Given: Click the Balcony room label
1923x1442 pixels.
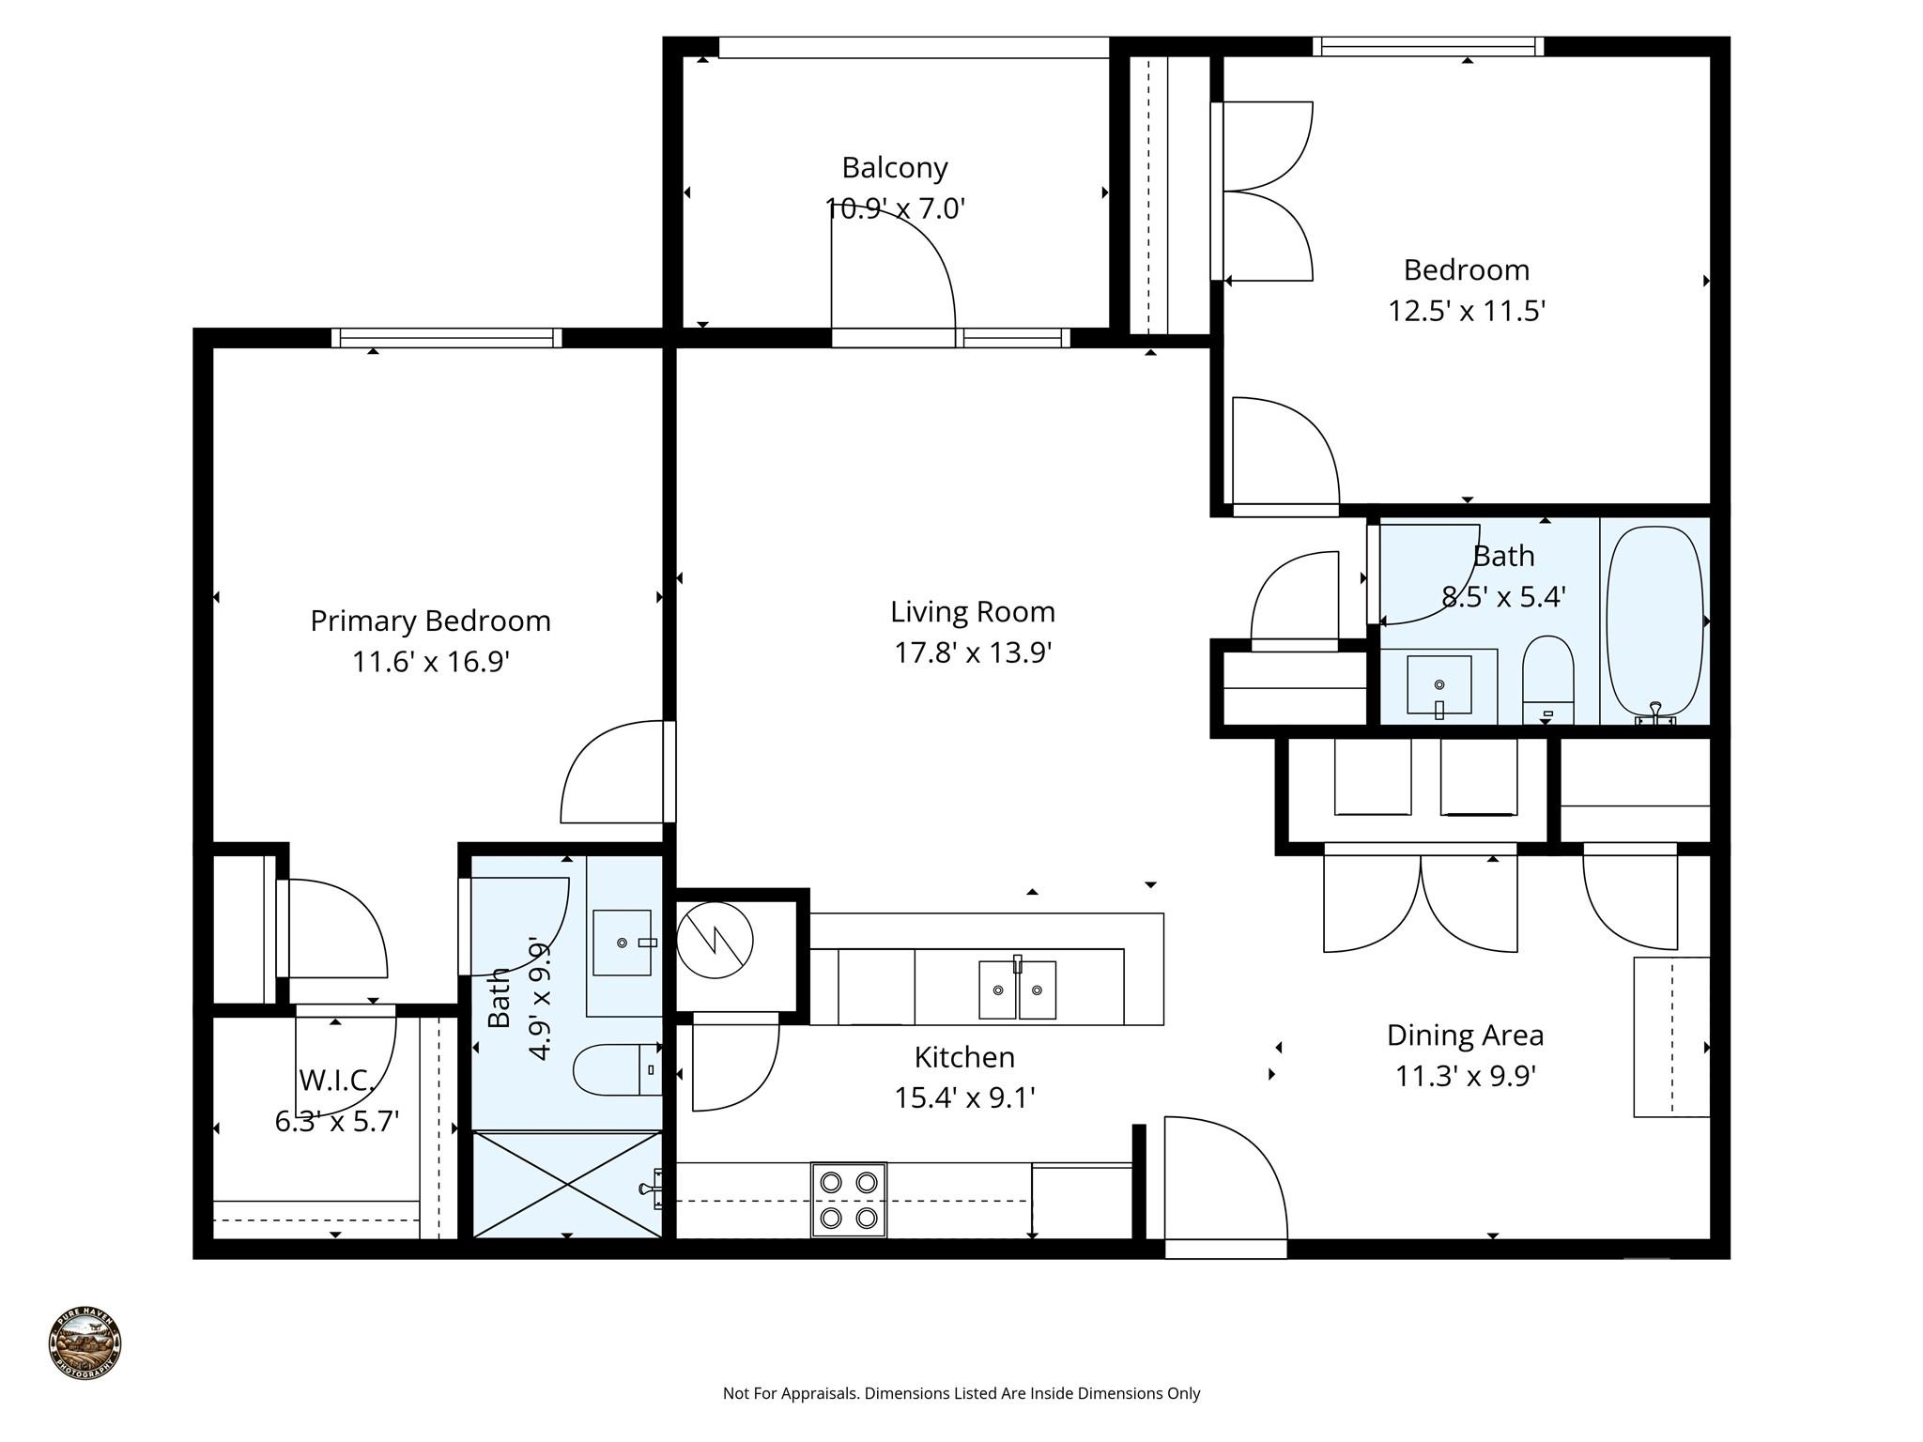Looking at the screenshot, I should tap(894, 168).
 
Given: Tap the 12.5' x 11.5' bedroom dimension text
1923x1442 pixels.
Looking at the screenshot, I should tap(1466, 311).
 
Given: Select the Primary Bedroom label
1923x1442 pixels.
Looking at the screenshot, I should tap(430, 621).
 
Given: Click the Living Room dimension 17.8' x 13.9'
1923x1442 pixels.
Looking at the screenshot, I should tap(972, 652).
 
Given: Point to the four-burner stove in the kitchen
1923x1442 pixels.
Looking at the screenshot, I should tap(848, 1199).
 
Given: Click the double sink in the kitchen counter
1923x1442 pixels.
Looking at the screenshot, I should tap(1017, 989).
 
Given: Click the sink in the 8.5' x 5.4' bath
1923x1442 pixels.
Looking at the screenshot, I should tap(1438, 684).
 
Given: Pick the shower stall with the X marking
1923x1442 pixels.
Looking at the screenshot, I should tap(567, 1184).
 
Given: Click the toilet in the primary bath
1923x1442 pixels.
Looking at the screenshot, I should tap(616, 1069).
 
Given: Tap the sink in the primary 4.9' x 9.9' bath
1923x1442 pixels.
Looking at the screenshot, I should tap(623, 942).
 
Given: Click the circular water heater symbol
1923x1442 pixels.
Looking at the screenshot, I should tap(715, 940).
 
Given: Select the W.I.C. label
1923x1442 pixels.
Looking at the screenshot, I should tap(336, 1081).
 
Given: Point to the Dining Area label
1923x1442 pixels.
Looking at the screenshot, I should tap(1465, 1035).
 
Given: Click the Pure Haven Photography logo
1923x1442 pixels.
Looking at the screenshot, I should tap(85, 1342).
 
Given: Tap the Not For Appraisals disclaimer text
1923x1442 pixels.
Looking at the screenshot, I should tap(961, 1393).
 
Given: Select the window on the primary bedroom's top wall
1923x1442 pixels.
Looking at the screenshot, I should tap(446, 338).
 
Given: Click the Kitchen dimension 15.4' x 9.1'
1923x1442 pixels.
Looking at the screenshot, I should tap(964, 1097).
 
